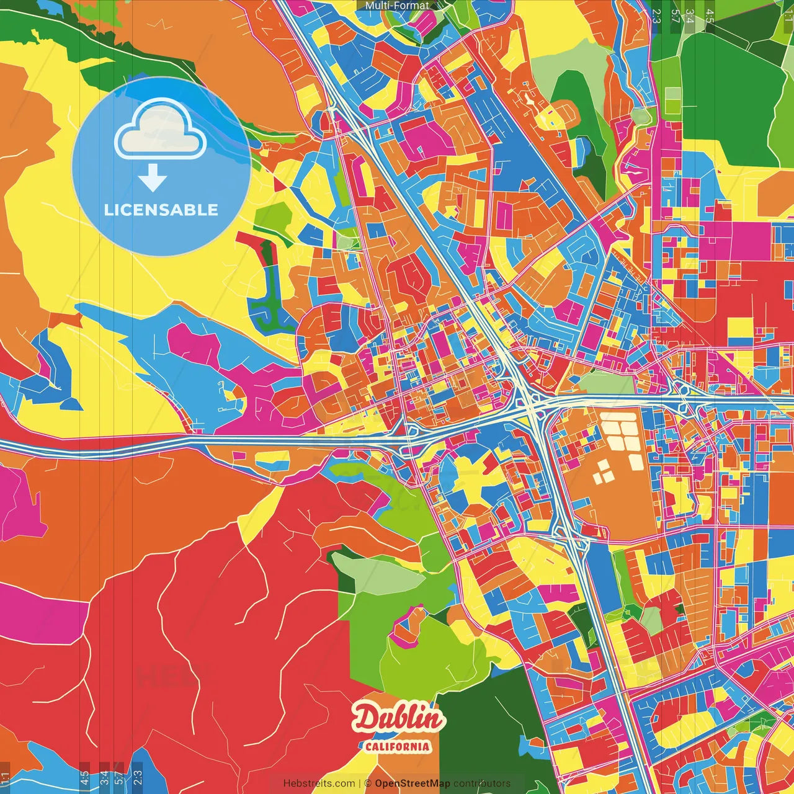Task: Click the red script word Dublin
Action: point(398,718)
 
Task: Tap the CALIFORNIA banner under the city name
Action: point(398,746)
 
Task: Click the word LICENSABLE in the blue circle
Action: point(161,210)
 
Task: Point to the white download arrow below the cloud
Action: point(153,179)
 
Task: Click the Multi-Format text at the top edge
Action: point(397,6)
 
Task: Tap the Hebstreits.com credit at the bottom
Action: point(319,783)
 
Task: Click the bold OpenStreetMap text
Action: point(413,783)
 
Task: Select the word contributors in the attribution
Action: point(482,783)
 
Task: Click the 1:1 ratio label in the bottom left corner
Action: point(6,778)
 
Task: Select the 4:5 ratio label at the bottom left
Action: point(84,778)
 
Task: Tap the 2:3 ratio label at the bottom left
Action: point(137,778)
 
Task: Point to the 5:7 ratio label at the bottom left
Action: point(119,778)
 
